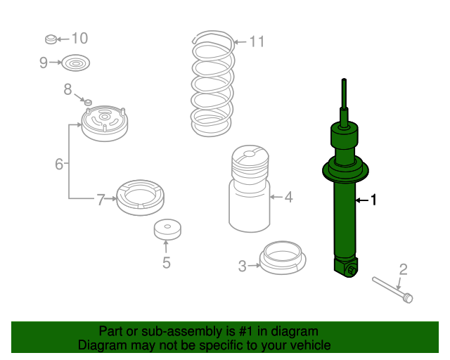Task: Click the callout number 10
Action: pos(79,38)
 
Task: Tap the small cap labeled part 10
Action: pos(51,38)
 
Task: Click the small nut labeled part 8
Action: pos(89,103)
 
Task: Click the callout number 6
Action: pos(59,165)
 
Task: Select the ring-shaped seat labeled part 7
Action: pos(140,197)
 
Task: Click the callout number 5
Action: pos(166,264)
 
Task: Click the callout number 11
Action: pos(257,42)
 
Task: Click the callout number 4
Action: pos(288,197)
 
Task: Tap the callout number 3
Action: pos(242,266)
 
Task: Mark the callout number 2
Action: pos(403,269)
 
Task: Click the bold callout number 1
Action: pos(373,200)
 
